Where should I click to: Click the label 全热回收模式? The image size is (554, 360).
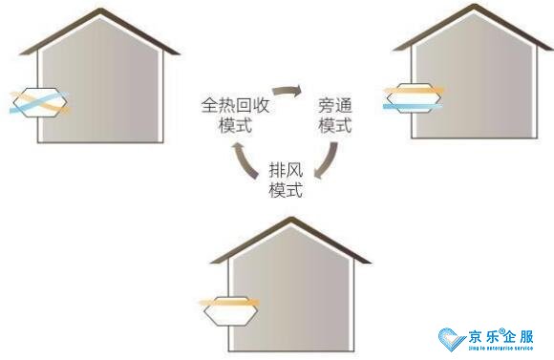(x=234, y=114)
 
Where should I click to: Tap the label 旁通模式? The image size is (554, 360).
(x=334, y=116)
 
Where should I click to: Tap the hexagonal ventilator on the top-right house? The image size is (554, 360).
(x=413, y=95)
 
